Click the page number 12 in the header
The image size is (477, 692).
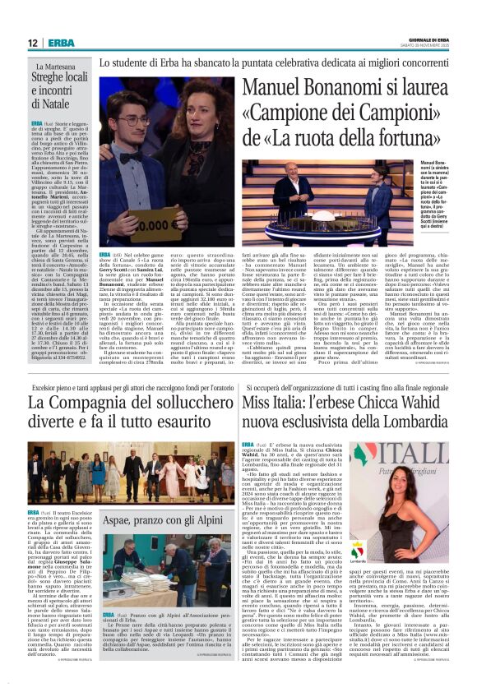click(32, 43)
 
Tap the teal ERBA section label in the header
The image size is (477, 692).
click(61, 43)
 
